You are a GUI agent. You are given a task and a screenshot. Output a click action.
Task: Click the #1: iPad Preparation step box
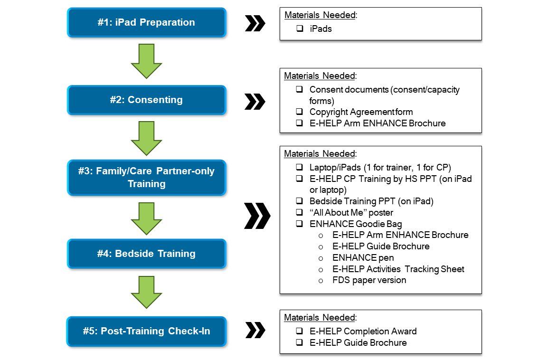point(146,22)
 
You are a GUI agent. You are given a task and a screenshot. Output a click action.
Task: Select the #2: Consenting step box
point(146,100)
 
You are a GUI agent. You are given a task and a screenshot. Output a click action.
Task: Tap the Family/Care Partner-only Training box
point(146,177)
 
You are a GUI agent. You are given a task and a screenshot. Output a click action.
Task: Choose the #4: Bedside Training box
point(146,254)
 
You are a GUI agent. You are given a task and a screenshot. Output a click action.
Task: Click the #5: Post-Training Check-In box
point(146,331)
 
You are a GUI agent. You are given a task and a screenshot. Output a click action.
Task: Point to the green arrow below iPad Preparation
point(146,61)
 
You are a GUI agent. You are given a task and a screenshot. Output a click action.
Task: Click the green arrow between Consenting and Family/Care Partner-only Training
point(146,138)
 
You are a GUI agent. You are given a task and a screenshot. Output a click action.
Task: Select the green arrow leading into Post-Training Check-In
point(146,293)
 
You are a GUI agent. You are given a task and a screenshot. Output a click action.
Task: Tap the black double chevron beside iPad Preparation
point(255,23)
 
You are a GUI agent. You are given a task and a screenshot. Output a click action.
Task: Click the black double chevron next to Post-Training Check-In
point(255,330)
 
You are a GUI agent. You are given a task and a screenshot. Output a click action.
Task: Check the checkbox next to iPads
point(300,28)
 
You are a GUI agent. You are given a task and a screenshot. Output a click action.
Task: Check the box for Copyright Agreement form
point(300,112)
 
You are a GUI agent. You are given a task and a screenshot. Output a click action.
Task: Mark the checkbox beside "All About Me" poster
point(300,212)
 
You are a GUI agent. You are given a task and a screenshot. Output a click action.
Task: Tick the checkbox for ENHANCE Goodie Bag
point(300,224)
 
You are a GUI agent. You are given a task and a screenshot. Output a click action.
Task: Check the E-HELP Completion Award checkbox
point(300,331)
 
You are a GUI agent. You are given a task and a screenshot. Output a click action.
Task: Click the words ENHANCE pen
point(363,258)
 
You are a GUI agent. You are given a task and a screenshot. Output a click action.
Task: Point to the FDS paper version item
point(369,280)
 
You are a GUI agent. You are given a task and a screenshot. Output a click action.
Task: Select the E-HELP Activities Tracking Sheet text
point(398,269)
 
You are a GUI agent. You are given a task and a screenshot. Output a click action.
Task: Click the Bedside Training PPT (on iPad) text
point(371,201)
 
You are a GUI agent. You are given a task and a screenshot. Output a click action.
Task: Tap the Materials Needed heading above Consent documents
point(320,76)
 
